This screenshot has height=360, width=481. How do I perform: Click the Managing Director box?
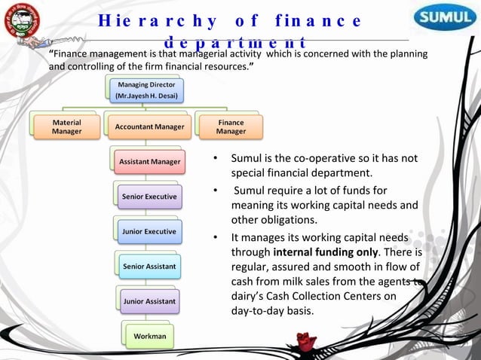coord(146,91)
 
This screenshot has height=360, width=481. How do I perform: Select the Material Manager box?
coord(67,127)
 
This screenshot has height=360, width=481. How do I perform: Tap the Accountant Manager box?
coord(149,127)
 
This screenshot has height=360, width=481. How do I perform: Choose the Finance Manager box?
coord(231,127)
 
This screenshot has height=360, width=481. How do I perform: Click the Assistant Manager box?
coord(149,161)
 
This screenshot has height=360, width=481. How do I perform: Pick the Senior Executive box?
coord(149,197)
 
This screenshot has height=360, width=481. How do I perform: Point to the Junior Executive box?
coord(149,231)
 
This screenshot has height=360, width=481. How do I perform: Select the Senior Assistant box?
coord(149,266)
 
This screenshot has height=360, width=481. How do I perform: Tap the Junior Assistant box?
coord(149,301)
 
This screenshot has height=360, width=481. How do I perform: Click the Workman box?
coord(149,335)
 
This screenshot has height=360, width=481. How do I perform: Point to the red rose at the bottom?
coord(306,343)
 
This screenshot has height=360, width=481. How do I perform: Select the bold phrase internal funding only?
coord(325,252)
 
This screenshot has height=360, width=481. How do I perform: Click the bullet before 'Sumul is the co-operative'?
coord(215,159)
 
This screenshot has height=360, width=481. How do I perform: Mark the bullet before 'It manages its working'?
coord(215,237)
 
